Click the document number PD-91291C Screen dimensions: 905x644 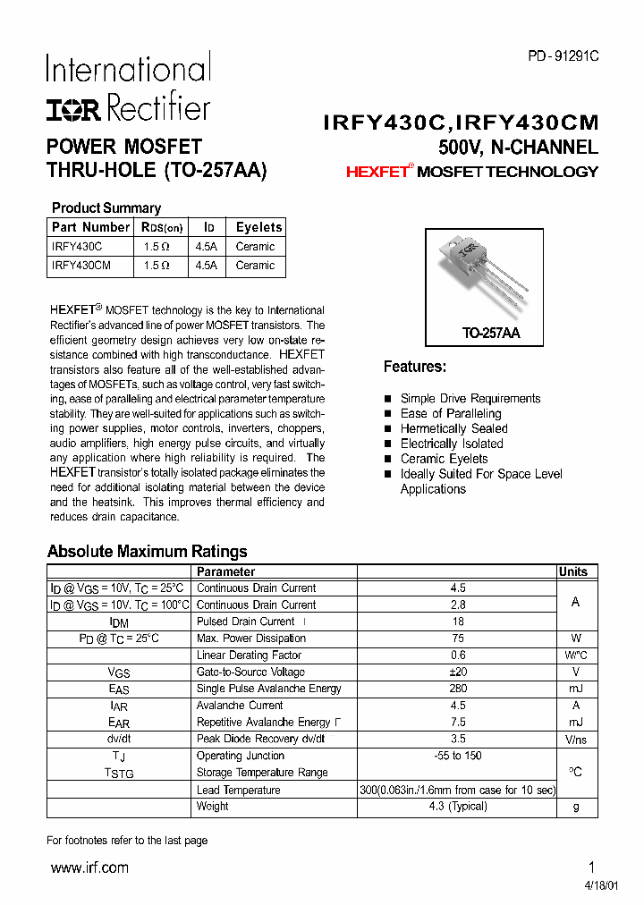pyautogui.click(x=563, y=56)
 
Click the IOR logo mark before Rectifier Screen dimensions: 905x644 pyautogui.click(x=75, y=109)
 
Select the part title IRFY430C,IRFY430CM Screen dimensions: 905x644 pyautogui.click(x=461, y=123)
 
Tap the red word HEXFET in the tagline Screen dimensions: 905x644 pyautogui.click(x=377, y=172)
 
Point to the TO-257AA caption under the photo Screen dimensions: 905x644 pyautogui.click(x=490, y=333)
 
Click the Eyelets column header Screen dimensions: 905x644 pyautogui.click(x=258, y=227)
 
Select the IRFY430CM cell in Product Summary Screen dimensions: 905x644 pyautogui.click(x=81, y=266)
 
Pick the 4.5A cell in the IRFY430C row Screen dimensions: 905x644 pyautogui.click(x=206, y=247)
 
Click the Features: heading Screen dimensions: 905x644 pyautogui.click(x=414, y=367)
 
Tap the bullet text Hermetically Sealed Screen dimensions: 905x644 pyautogui.click(x=453, y=428)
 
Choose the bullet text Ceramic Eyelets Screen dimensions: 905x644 pyautogui.click(x=444, y=459)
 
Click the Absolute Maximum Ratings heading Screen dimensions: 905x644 pyautogui.click(x=147, y=551)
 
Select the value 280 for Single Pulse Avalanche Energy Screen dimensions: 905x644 pyautogui.click(x=458, y=689)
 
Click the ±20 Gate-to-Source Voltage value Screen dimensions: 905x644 pyautogui.click(x=458, y=672)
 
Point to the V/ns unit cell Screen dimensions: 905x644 pyautogui.click(x=575, y=740)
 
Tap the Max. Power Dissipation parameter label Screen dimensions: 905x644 pyautogui.click(x=250, y=639)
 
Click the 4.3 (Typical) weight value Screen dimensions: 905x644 pyautogui.click(x=458, y=806)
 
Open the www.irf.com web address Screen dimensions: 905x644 pyautogui.click(x=89, y=867)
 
